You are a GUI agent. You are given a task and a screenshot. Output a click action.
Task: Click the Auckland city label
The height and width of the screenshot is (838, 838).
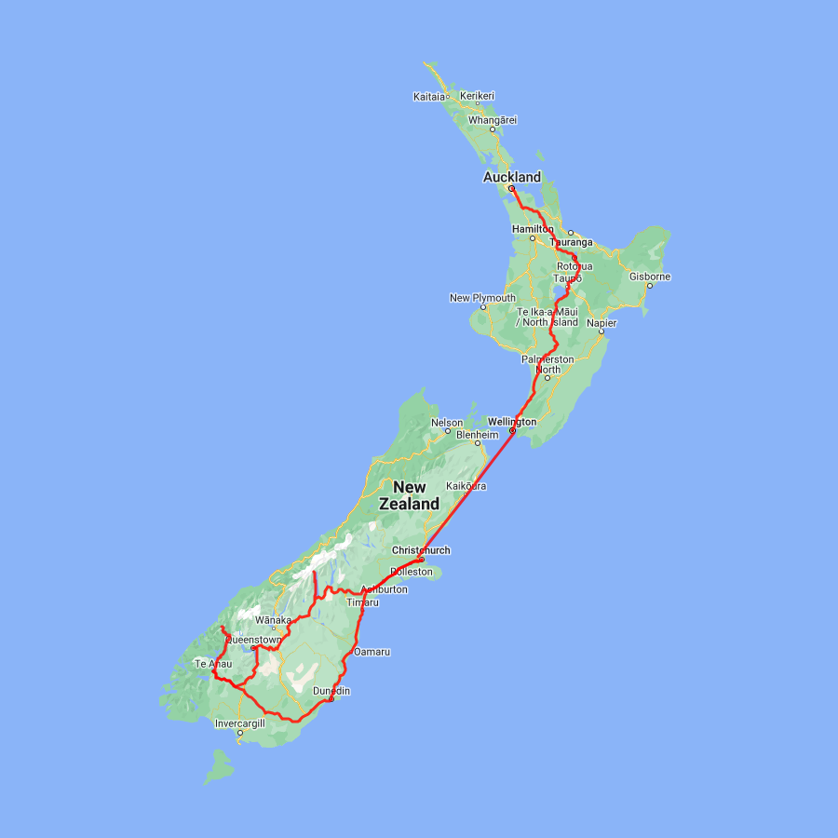click(x=511, y=177)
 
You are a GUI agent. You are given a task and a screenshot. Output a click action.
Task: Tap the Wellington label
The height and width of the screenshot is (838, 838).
click(x=512, y=422)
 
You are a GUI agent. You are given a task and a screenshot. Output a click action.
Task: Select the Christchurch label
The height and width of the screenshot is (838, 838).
click(x=421, y=550)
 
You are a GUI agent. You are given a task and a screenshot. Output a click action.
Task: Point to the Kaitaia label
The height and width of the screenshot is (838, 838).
click(x=429, y=96)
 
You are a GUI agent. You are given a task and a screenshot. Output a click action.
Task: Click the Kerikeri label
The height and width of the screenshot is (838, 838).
click(x=477, y=96)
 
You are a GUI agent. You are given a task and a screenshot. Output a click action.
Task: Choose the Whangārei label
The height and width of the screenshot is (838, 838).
click(x=493, y=119)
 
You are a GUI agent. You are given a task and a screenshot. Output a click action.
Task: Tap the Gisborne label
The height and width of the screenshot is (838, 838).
click(x=650, y=277)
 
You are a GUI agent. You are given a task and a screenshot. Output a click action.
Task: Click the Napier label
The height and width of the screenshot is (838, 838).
click(x=601, y=322)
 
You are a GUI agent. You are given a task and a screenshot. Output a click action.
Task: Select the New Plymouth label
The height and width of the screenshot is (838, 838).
click(x=482, y=298)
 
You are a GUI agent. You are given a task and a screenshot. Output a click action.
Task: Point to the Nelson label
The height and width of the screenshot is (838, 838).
click(x=446, y=423)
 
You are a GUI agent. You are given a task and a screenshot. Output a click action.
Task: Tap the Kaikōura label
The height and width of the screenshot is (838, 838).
click(x=466, y=486)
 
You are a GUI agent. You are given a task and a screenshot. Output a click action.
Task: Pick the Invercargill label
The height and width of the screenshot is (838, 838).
click(x=240, y=723)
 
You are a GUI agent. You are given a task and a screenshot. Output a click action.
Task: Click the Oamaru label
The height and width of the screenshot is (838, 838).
click(x=372, y=652)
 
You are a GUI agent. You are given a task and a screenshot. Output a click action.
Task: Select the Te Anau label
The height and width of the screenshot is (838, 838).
click(x=212, y=664)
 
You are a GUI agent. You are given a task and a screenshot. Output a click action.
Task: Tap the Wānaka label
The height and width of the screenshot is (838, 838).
click(x=273, y=620)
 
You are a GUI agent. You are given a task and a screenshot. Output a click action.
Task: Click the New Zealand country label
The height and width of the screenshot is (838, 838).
click(x=410, y=495)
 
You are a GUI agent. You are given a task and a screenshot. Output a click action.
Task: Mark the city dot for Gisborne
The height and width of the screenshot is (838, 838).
click(x=650, y=286)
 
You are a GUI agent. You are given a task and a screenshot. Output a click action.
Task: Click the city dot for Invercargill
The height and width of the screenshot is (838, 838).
click(x=240, y=733)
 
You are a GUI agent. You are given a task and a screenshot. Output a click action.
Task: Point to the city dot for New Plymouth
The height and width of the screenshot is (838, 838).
click(x=482, y=307)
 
